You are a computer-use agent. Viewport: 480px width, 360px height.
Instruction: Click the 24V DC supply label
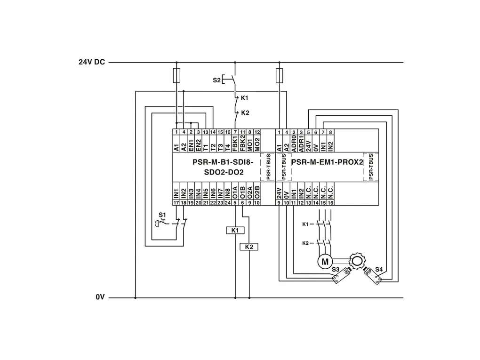pyautogui.click(x=91, y=62)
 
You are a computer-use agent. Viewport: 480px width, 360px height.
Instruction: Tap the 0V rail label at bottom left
pyautogui.click(x=99, y=297)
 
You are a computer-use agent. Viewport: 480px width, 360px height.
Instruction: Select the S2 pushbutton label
pyautogui.click(x=216, y=80)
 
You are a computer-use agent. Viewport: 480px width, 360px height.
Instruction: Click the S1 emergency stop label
pyautogui.click(x=162, y=215)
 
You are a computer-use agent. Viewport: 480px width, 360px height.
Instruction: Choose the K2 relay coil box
pyautogui.click(x=249, y=247)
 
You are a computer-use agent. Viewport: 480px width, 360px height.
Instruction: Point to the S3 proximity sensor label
pyautogui.click(x=335, y=269)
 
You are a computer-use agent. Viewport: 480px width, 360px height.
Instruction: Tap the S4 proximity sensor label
pyautogui.click(x=379, y=269)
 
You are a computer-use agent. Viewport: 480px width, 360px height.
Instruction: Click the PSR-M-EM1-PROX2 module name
pyautogui.click(x=328, y=162)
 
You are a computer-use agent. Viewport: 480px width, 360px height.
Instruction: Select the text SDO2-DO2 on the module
pyautogui.click(x=224, y=173)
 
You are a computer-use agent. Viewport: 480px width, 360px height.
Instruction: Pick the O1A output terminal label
pyautogui.click(x=235, y=193)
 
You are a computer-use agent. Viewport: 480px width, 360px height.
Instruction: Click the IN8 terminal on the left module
pyautogui.click(x=227, y=193)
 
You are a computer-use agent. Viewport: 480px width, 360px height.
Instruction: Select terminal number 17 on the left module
pyautogui.click(x=176, y=203)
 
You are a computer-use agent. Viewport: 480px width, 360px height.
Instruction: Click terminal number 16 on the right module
pyautogui.click(x=330, y=203)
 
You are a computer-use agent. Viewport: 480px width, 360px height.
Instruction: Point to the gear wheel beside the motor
pyautogui.click(x=356, y=259)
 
